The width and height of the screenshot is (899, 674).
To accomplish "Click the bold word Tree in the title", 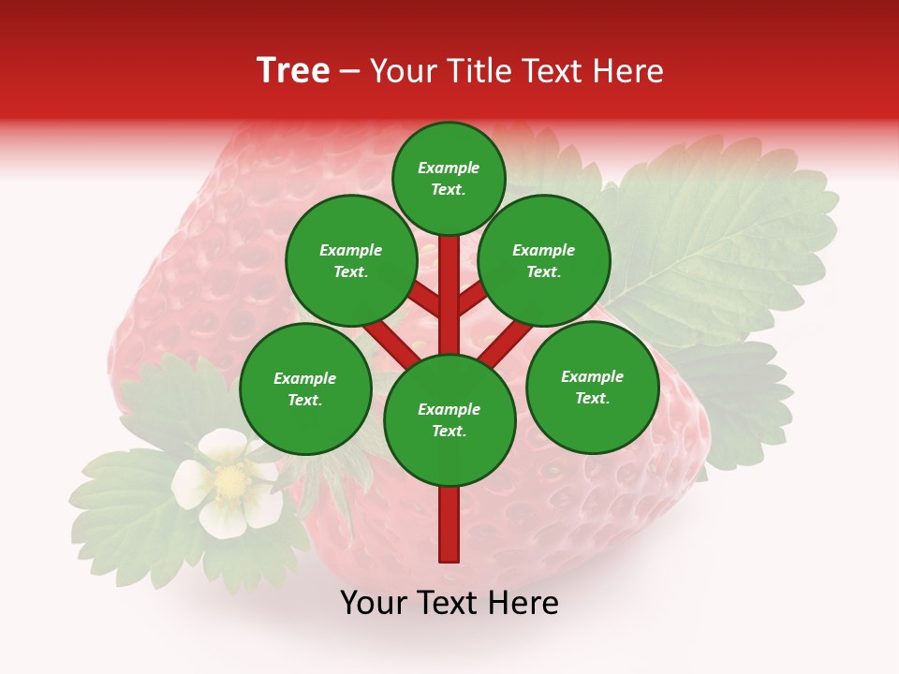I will pyautogui.click(x=293, y=71).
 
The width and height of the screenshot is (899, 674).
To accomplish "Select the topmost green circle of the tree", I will pyautogui.click(x=449, y=178).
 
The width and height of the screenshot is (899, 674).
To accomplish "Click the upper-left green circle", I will pyautogui.click(x=351, y=260).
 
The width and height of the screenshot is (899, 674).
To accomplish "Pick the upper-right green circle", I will pyautogui.click(x=544, y=260).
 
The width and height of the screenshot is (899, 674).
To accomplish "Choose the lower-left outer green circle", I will pyautogui.click(x=305, y=388).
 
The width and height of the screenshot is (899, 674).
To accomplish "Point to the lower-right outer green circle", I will pyautogui.click(x=592, y=387).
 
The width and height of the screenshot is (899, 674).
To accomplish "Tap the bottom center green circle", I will pyautogui.click(x=449, y=419).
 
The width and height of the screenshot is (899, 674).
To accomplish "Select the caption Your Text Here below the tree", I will pyautogui.click(x=449, y=603).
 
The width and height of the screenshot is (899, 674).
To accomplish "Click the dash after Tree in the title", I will pyautogui.click(x=350, y=72).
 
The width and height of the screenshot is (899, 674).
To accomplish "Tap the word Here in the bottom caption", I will pyautogui.click(x=524, y=603).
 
